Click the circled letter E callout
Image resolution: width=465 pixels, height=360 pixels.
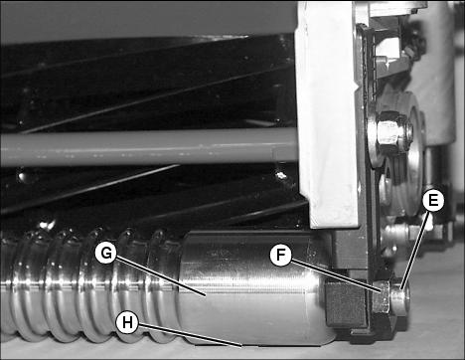433,200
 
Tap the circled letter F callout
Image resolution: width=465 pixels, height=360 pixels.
280,255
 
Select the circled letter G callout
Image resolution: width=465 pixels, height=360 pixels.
106,254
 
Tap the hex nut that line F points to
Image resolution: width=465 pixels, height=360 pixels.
382,296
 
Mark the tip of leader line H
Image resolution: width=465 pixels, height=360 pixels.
241,346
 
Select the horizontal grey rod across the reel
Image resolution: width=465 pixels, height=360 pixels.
149,148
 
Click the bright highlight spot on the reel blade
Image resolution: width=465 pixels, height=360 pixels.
281,175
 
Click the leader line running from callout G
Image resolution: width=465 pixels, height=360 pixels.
160,275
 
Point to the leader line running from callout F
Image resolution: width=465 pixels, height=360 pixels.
336,275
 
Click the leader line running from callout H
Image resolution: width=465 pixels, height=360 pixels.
190,335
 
